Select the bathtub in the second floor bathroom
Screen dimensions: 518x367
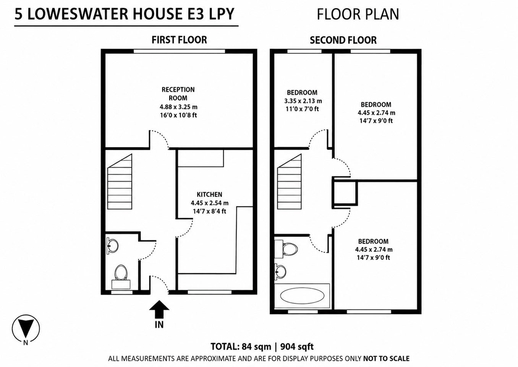pos(302,296)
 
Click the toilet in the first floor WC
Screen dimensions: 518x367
pos(121,277)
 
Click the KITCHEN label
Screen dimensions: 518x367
pos(209,194)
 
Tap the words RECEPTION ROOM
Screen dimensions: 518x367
pos(178,94)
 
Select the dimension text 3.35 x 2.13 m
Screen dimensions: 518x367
pos(303,101)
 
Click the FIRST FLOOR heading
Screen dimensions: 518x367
pos(179,40)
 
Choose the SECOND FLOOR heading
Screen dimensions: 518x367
pos(343,40)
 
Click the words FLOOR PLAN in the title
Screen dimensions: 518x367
pos(358,15)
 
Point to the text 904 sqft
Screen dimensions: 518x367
pos(297,347)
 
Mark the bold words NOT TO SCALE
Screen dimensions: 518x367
pos(387,359)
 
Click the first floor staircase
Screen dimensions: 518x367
pos(120,182)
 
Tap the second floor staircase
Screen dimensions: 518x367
pos(289,182)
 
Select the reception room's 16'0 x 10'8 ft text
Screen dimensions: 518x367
pos(178,115)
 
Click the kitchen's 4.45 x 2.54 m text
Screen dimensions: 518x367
pos(209,203)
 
